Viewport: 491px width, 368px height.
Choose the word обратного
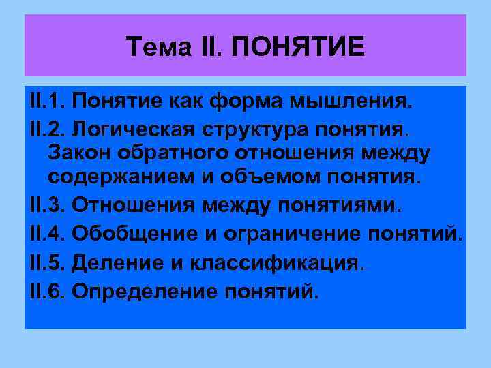coord(170,153)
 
